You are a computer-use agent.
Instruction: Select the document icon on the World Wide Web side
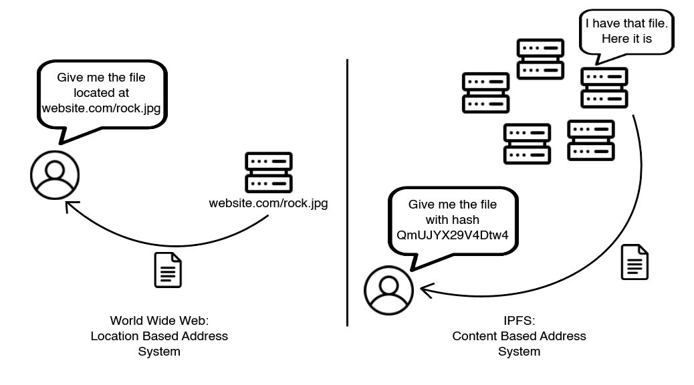click(x=168, y=270)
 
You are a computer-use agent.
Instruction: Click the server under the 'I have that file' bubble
click(x=604, y=88)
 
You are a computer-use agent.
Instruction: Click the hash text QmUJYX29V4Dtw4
click(x=452, y=235)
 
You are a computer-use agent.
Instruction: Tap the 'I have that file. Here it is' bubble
click(x=626, y=31)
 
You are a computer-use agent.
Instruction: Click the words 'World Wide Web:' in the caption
click(x=159, y=321)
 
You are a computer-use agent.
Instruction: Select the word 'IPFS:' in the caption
click(x=519, y=321)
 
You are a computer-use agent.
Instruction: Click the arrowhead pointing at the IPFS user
click(x=423, y=290)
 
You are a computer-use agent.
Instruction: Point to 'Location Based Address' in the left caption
click(x=159, y=336)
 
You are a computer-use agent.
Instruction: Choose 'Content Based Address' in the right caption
click(x=519, y=336)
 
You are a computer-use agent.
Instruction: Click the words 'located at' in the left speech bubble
click(x=101, y=93)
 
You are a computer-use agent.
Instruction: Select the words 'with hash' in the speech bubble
click(x=452, y=219)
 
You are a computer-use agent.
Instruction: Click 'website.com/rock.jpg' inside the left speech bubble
click(x=101, y=108)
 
